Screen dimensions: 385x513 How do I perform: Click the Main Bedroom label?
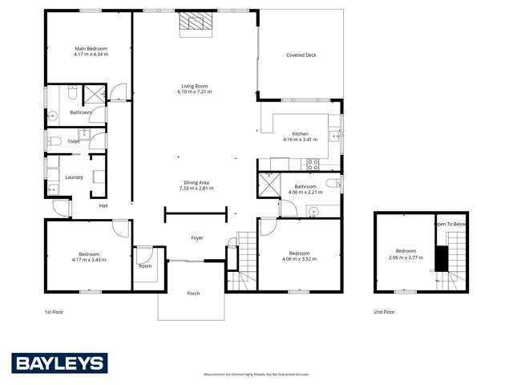[90, 49]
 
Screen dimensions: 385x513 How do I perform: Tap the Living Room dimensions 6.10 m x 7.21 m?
[194, 92]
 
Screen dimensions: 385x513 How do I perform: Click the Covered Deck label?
[301, 55]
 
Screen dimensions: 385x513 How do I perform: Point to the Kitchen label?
[300, 134]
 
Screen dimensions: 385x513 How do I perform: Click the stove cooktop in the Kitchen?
[313, 164]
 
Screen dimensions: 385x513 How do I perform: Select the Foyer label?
[196, 237]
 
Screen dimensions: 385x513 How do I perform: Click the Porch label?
[193, 294]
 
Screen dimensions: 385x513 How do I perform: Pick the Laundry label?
[74, 177]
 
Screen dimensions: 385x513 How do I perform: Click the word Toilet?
[73, 141]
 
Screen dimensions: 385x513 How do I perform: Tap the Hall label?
[103, 206]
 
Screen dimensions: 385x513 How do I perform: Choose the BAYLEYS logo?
[59, 363]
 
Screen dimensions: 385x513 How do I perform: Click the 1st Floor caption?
[54, 311]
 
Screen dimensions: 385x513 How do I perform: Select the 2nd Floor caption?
[384, 311]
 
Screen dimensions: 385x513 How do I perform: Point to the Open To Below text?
[451, 225]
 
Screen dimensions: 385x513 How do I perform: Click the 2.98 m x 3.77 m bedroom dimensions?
[405, 257]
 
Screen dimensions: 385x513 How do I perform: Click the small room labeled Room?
[145, 265]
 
